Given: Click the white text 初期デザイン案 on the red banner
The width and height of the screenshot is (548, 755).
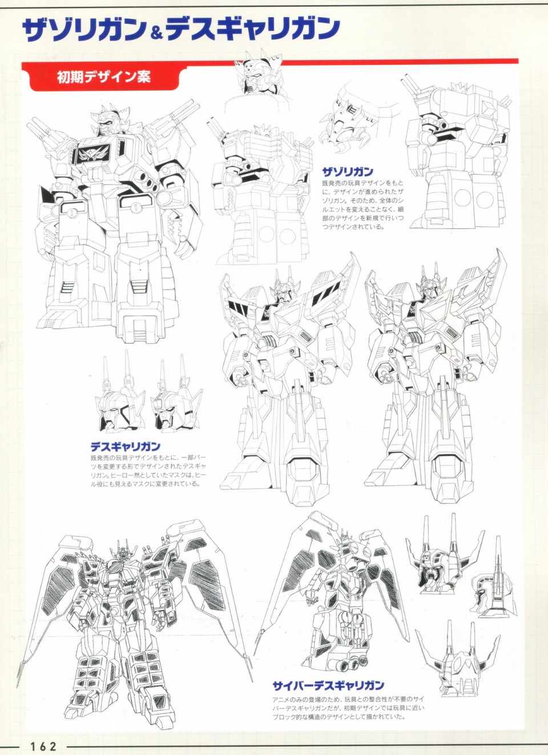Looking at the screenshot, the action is click(x=104, y=77).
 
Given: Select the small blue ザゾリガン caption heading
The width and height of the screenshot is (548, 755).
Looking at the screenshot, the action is click(x=348, y=172).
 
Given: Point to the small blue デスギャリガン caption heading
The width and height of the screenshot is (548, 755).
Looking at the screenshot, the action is click(x=125, y=446).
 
